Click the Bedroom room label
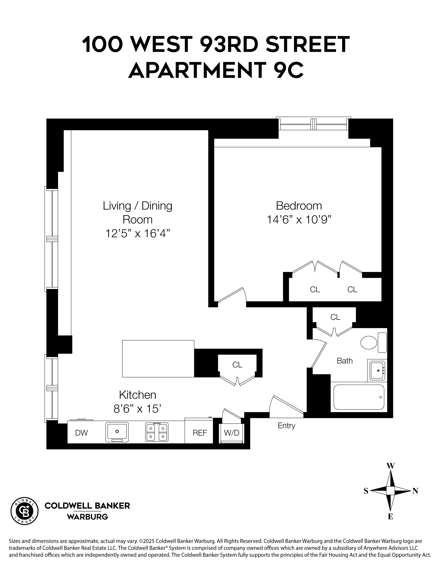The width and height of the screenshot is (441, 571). click(x=299, y=206)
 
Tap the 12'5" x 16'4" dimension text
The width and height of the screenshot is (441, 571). click(x=137, y=233)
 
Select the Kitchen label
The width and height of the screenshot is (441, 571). click(x=137, y=395)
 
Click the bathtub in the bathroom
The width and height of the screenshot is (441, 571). click(x=359, y=397)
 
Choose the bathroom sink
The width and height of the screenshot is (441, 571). click(x=377, y=370)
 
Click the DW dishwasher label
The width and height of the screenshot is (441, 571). click(x=81, y=433)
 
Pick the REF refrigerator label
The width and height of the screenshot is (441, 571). click(x=200, y=433)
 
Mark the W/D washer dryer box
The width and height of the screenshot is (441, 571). click(x=231, y=433)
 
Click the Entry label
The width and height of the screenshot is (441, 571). click(x=286, y=426)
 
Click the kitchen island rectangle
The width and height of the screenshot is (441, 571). click(x=158, y=359)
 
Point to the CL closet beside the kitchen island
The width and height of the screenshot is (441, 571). click(x=237, y=365)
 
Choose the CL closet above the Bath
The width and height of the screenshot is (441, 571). click(x=335, y=317)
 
